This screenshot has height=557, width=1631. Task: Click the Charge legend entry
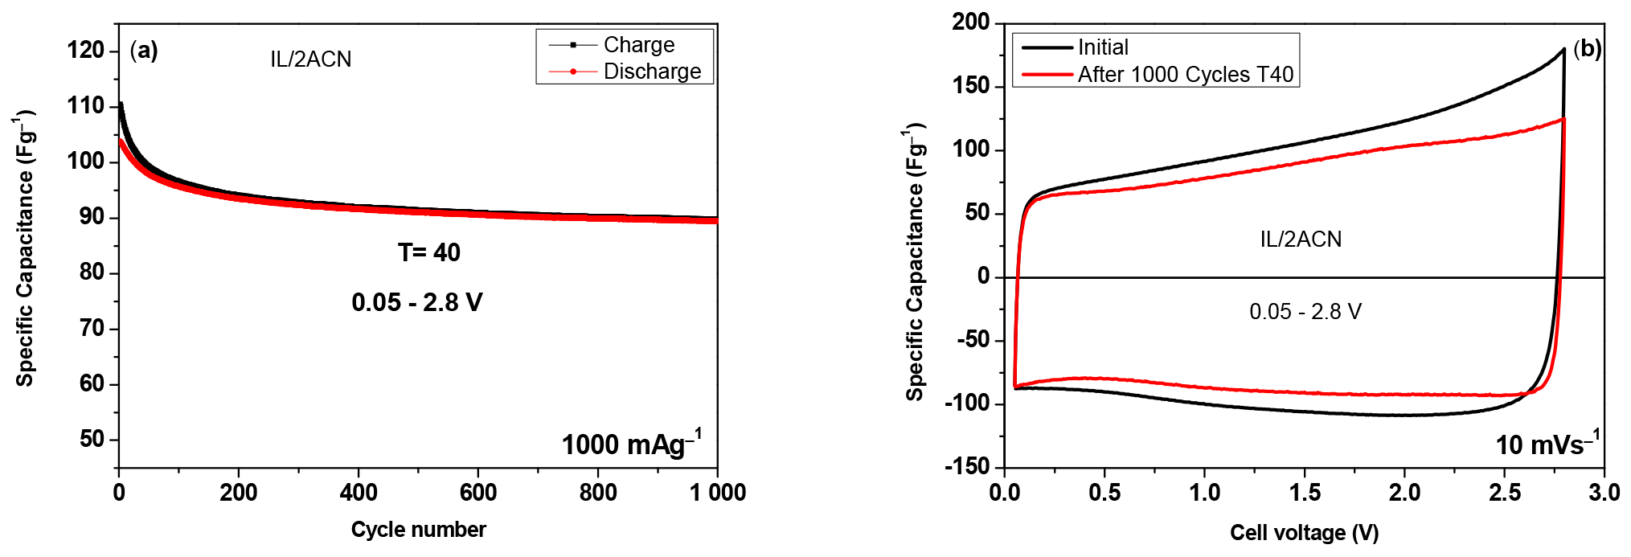click(x=638, y=45)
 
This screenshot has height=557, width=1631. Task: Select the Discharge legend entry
click(x=651, y=72)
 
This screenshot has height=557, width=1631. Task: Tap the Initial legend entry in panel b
click(x=1102, y=47)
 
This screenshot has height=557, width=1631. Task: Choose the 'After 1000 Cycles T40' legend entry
click(x=1185, y=75)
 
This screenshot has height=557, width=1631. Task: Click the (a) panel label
click(x=144, y=51)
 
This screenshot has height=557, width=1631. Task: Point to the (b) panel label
click(x=1587, y=49)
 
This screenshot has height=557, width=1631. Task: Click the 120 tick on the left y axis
click(x=86, y=51)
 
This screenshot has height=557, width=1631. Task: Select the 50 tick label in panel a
click(x=92, y=439)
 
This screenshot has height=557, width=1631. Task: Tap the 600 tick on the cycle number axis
click(x=478, y=493)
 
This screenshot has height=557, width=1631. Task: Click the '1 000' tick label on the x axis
click(x=717, y=493)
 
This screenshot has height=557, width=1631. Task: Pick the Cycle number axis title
click(x=418, y=530)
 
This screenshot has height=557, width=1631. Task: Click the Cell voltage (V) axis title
click(x=1304, y=533)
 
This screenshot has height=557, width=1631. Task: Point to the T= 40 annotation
click(x=428, y=253)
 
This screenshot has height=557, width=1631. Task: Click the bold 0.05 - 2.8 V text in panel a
click(x=416, y=303)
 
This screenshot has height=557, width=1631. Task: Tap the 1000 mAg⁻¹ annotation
click(x=631, y=444)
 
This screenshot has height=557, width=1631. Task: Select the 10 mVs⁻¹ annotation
click(x=1547, y=444)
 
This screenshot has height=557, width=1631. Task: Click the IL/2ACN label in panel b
click(x=1300, y=240)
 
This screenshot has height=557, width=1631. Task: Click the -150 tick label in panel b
click(x=967, y=466)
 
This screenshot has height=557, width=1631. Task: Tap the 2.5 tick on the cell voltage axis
click(x=1504, y=493)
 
